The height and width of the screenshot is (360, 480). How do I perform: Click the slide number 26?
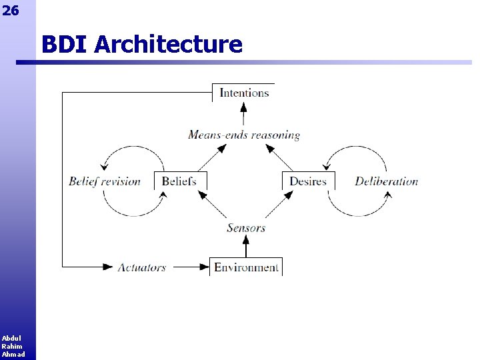click(x=11, y=10)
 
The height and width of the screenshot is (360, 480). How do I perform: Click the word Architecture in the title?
click(x=169, y=45)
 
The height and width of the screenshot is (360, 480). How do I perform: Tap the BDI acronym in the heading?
click(x=65, y=45)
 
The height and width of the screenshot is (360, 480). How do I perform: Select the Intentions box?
click(x=244, y=93)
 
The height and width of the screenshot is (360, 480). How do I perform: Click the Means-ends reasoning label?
click(x=244, y=135)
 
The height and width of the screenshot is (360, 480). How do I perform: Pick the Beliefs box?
click(x=180, y=181)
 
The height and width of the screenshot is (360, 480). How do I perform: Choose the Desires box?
click(x=308, y=181)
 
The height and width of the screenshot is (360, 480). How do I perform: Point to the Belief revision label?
click(x=105, y=181)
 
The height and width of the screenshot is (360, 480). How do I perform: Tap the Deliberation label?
click(x=386, y=181)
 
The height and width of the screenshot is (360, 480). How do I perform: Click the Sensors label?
click(x=246, y=227)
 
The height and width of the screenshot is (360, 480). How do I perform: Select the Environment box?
click(x=246, y=267)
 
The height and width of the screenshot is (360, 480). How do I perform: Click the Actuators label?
click(x=141, y=267)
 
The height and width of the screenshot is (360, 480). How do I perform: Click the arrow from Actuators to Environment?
click(x=189, y=267)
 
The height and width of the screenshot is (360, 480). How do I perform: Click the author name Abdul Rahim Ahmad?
click(x=12, y=346)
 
